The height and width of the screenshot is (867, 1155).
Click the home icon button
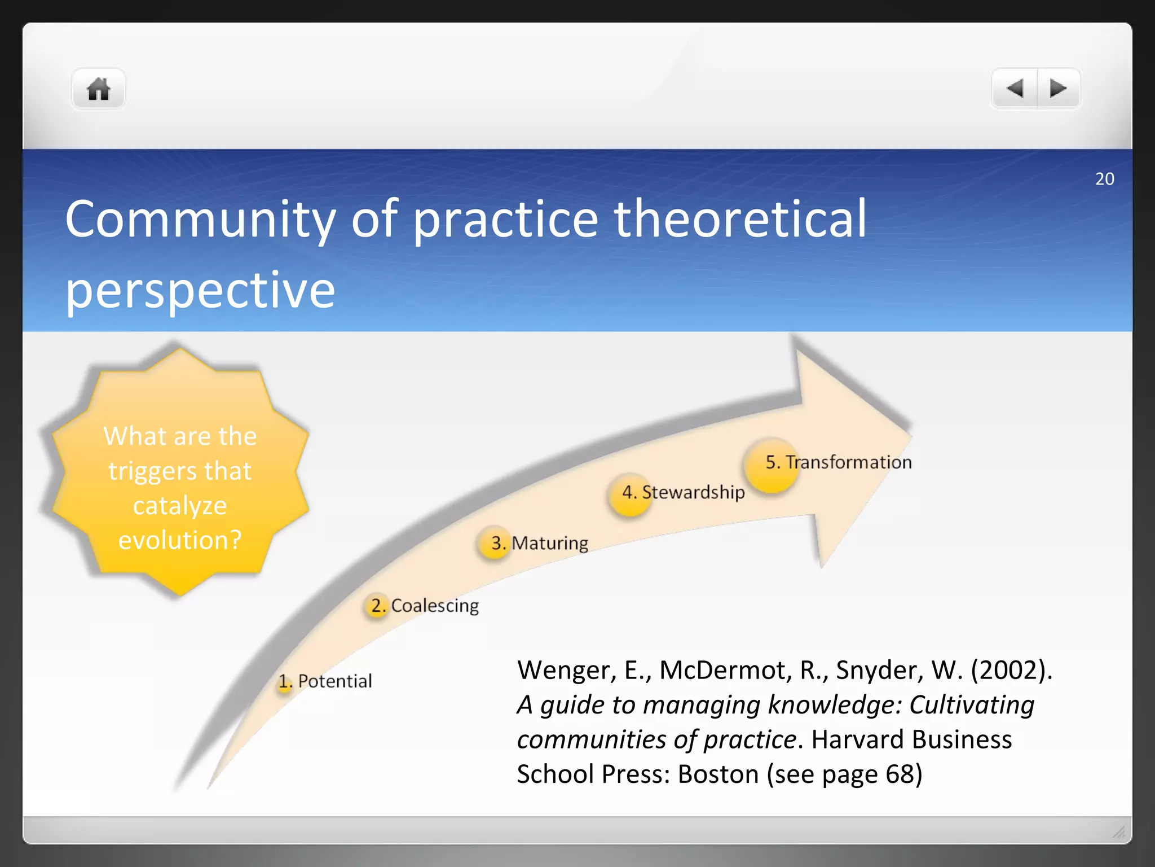[98, 89]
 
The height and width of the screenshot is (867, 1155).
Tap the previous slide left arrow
[1015, 89]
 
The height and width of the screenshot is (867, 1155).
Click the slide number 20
[1104, 179]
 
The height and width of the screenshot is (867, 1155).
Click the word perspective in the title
[200, 290]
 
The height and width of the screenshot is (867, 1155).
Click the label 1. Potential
[325, 681]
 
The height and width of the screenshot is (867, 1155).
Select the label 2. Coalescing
[425, 606]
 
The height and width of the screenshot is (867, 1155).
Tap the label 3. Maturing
[540, 543]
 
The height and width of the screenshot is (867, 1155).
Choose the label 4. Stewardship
[684, 492]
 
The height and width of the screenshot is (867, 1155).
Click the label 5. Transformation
[839, 462]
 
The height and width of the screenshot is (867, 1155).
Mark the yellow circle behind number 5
[772, 465]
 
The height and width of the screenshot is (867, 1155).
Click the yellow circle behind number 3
[494, 543]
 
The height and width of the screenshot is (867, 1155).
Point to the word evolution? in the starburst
[180, 540]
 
